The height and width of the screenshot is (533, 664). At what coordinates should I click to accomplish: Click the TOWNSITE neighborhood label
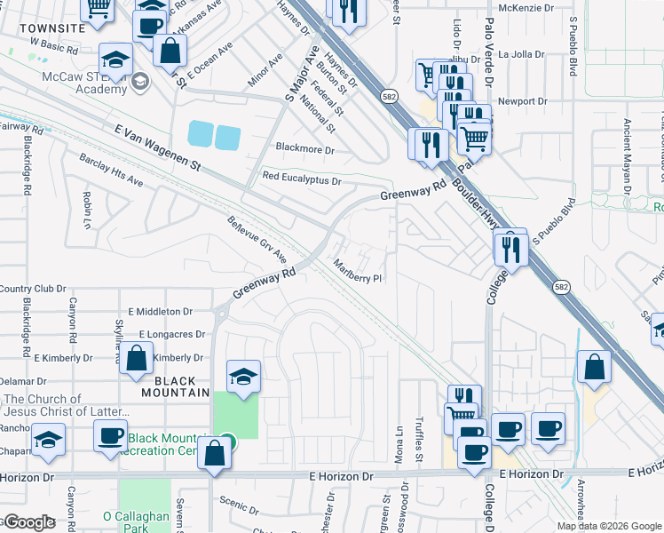[52, 28]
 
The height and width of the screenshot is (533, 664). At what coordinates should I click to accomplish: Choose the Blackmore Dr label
[304, 149]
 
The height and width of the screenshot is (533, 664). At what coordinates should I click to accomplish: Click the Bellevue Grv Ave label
[257, 240]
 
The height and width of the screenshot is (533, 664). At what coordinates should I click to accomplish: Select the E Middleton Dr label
[160, 312]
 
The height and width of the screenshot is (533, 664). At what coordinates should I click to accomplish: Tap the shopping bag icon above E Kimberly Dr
[137, 359]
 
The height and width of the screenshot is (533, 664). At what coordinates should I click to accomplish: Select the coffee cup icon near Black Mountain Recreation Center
[111, 436]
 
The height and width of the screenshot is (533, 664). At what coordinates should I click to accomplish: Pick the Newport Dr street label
[522, 101]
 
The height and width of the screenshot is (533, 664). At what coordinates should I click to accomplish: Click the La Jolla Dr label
[521, 54]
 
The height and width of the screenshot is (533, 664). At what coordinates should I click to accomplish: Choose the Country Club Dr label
[33, 289]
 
